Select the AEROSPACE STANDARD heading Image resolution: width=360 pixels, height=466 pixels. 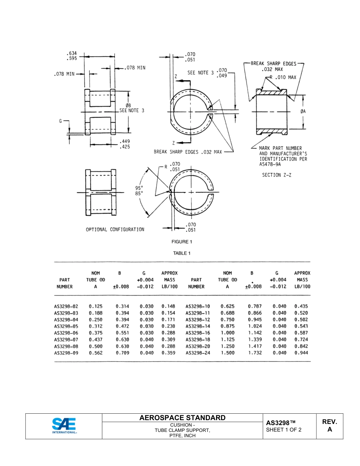point(182,418)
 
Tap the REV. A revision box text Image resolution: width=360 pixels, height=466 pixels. point(329,425)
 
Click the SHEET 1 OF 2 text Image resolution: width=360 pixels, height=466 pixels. point(284,430)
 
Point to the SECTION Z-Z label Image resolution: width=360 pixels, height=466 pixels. point(277,175)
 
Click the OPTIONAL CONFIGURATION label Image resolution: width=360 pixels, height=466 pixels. point(115,230)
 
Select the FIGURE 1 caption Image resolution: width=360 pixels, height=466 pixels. point(182,242)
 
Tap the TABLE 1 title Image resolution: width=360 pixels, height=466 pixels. point(182,253)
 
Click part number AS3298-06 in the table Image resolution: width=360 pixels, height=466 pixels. point(66,333)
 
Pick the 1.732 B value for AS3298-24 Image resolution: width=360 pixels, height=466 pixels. point(255,353)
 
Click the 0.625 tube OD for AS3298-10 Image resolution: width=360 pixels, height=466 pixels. point(227,306)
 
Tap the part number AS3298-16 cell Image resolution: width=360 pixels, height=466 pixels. point(197,333)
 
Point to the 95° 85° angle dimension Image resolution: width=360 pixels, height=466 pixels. point(139,190)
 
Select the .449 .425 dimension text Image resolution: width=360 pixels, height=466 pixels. point(125,144)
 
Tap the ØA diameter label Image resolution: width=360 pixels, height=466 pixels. point(303,111)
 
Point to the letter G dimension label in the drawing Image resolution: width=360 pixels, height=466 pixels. point(61,121)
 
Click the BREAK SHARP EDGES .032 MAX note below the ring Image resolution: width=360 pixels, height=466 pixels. point(188,152)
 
